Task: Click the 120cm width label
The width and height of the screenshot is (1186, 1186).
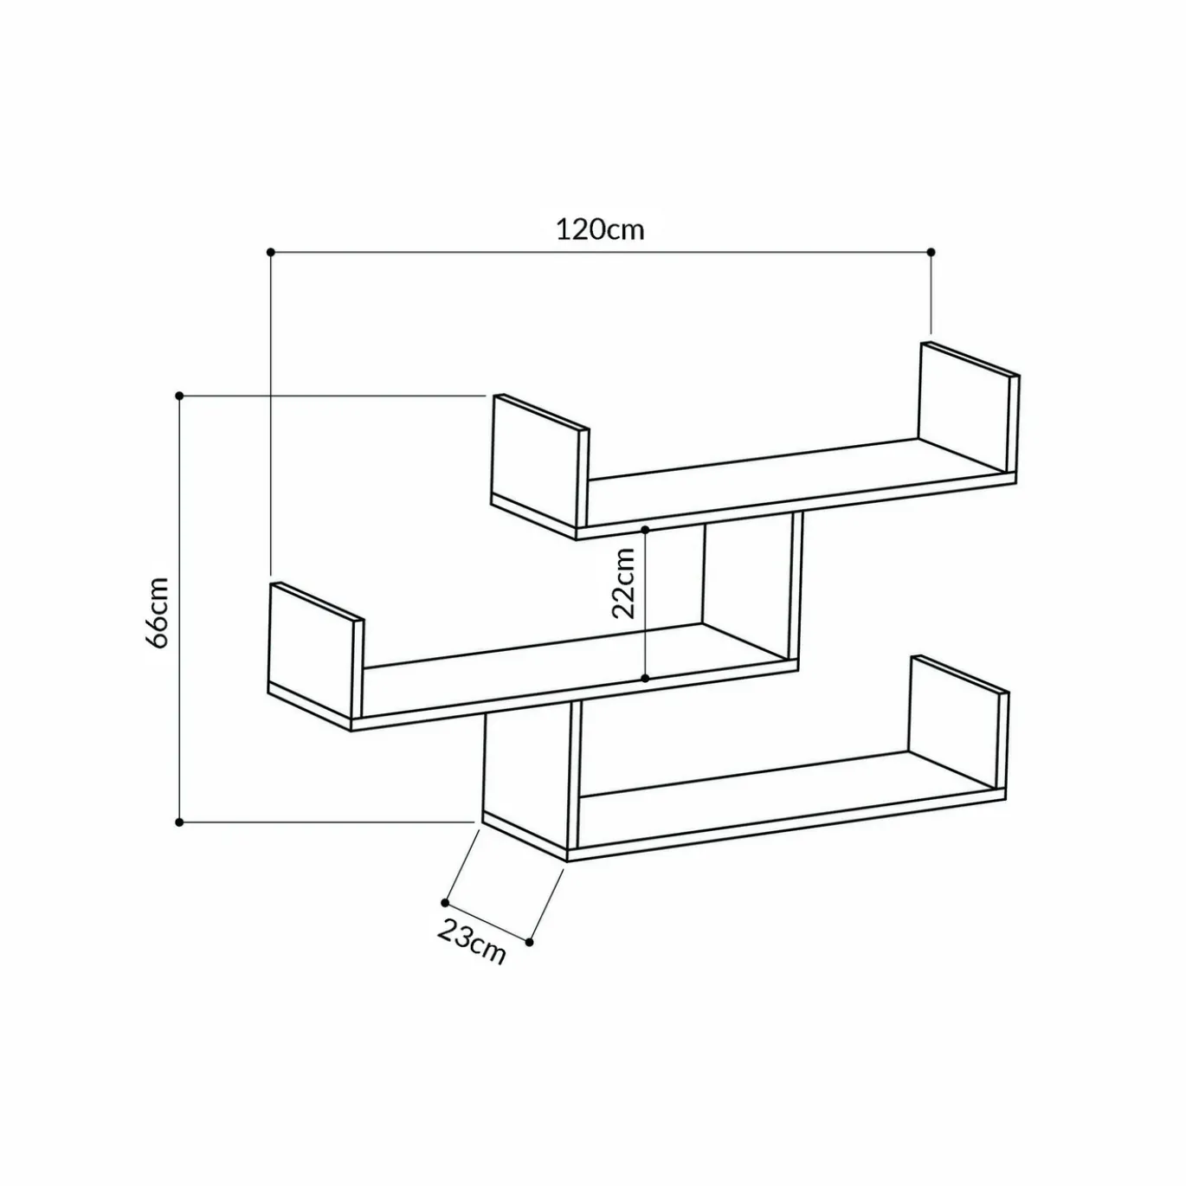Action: (x=600, y=229)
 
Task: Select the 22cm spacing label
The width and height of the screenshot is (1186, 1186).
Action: (x=622, y=583)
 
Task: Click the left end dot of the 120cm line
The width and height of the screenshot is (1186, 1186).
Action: (x=270, y=252)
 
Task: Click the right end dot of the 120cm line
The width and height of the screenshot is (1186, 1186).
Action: (x=931, y=252)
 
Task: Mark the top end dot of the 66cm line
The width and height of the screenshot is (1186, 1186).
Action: (x=179, y=395)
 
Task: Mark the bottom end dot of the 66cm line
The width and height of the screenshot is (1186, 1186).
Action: (x=179, y=822)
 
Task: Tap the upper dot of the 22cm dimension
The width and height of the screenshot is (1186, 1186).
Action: (x=645, y=529)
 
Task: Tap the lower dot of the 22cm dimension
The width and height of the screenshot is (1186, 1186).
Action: (x=645, y=678)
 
